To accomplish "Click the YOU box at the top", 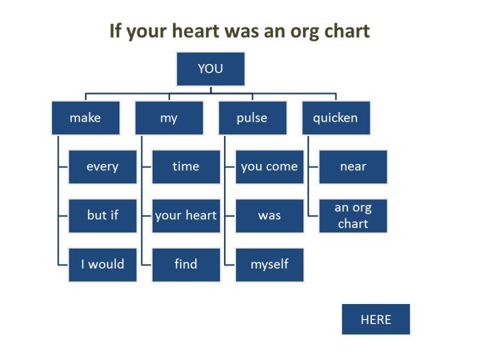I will (x=210, y=69).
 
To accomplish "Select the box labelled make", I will (x=85, y=118).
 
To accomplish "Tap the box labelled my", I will (x=169, y=118).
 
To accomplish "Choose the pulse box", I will (x=252, y=118).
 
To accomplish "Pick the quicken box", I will (x=335, y=118).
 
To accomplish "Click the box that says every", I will (x=102, y=167).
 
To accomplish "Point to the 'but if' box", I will (x=102, y=215).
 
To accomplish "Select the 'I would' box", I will (x=102, y=265).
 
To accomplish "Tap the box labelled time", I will (x=186, y=167).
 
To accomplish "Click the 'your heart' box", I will (x=186, y=215).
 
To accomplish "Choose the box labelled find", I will (x=186, y=265).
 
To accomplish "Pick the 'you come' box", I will (x=269, y=167).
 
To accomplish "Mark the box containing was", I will (x=269, y=215).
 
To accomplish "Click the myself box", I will (x=269, y=265).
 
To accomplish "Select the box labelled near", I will (x=353, y=167).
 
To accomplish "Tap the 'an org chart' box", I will (x=353, y=215).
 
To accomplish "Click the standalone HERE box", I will (x=375, y=319).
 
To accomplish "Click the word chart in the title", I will (x=345, y=31).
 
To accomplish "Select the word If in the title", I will (x=116, y=31).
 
